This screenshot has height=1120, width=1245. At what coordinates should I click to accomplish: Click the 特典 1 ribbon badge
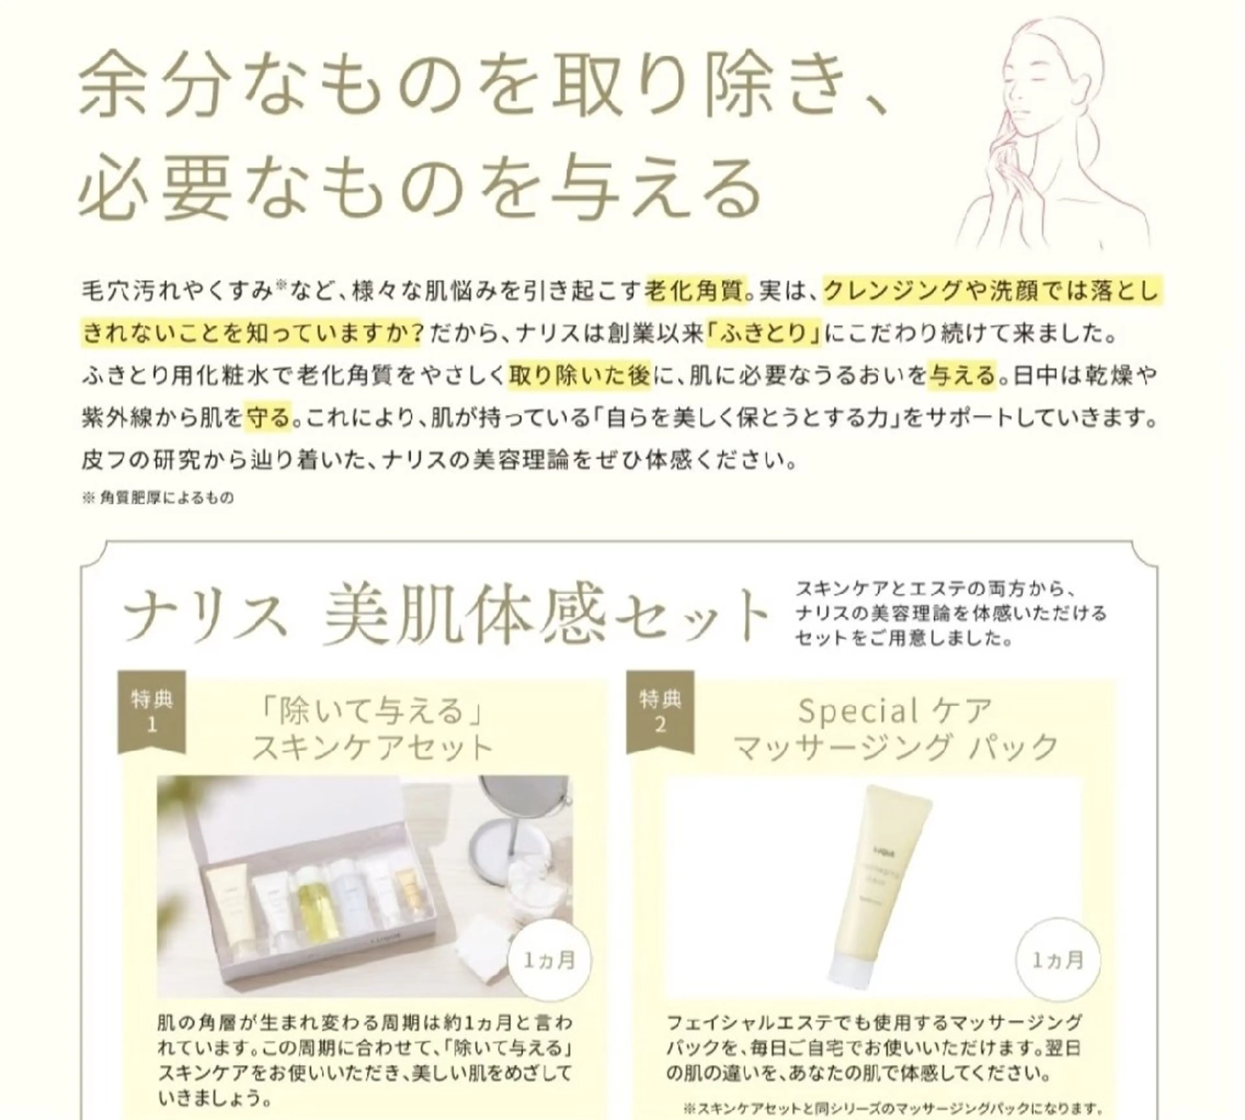(151, 711)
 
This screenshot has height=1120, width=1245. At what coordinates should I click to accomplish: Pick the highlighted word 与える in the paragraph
(962, 375)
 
